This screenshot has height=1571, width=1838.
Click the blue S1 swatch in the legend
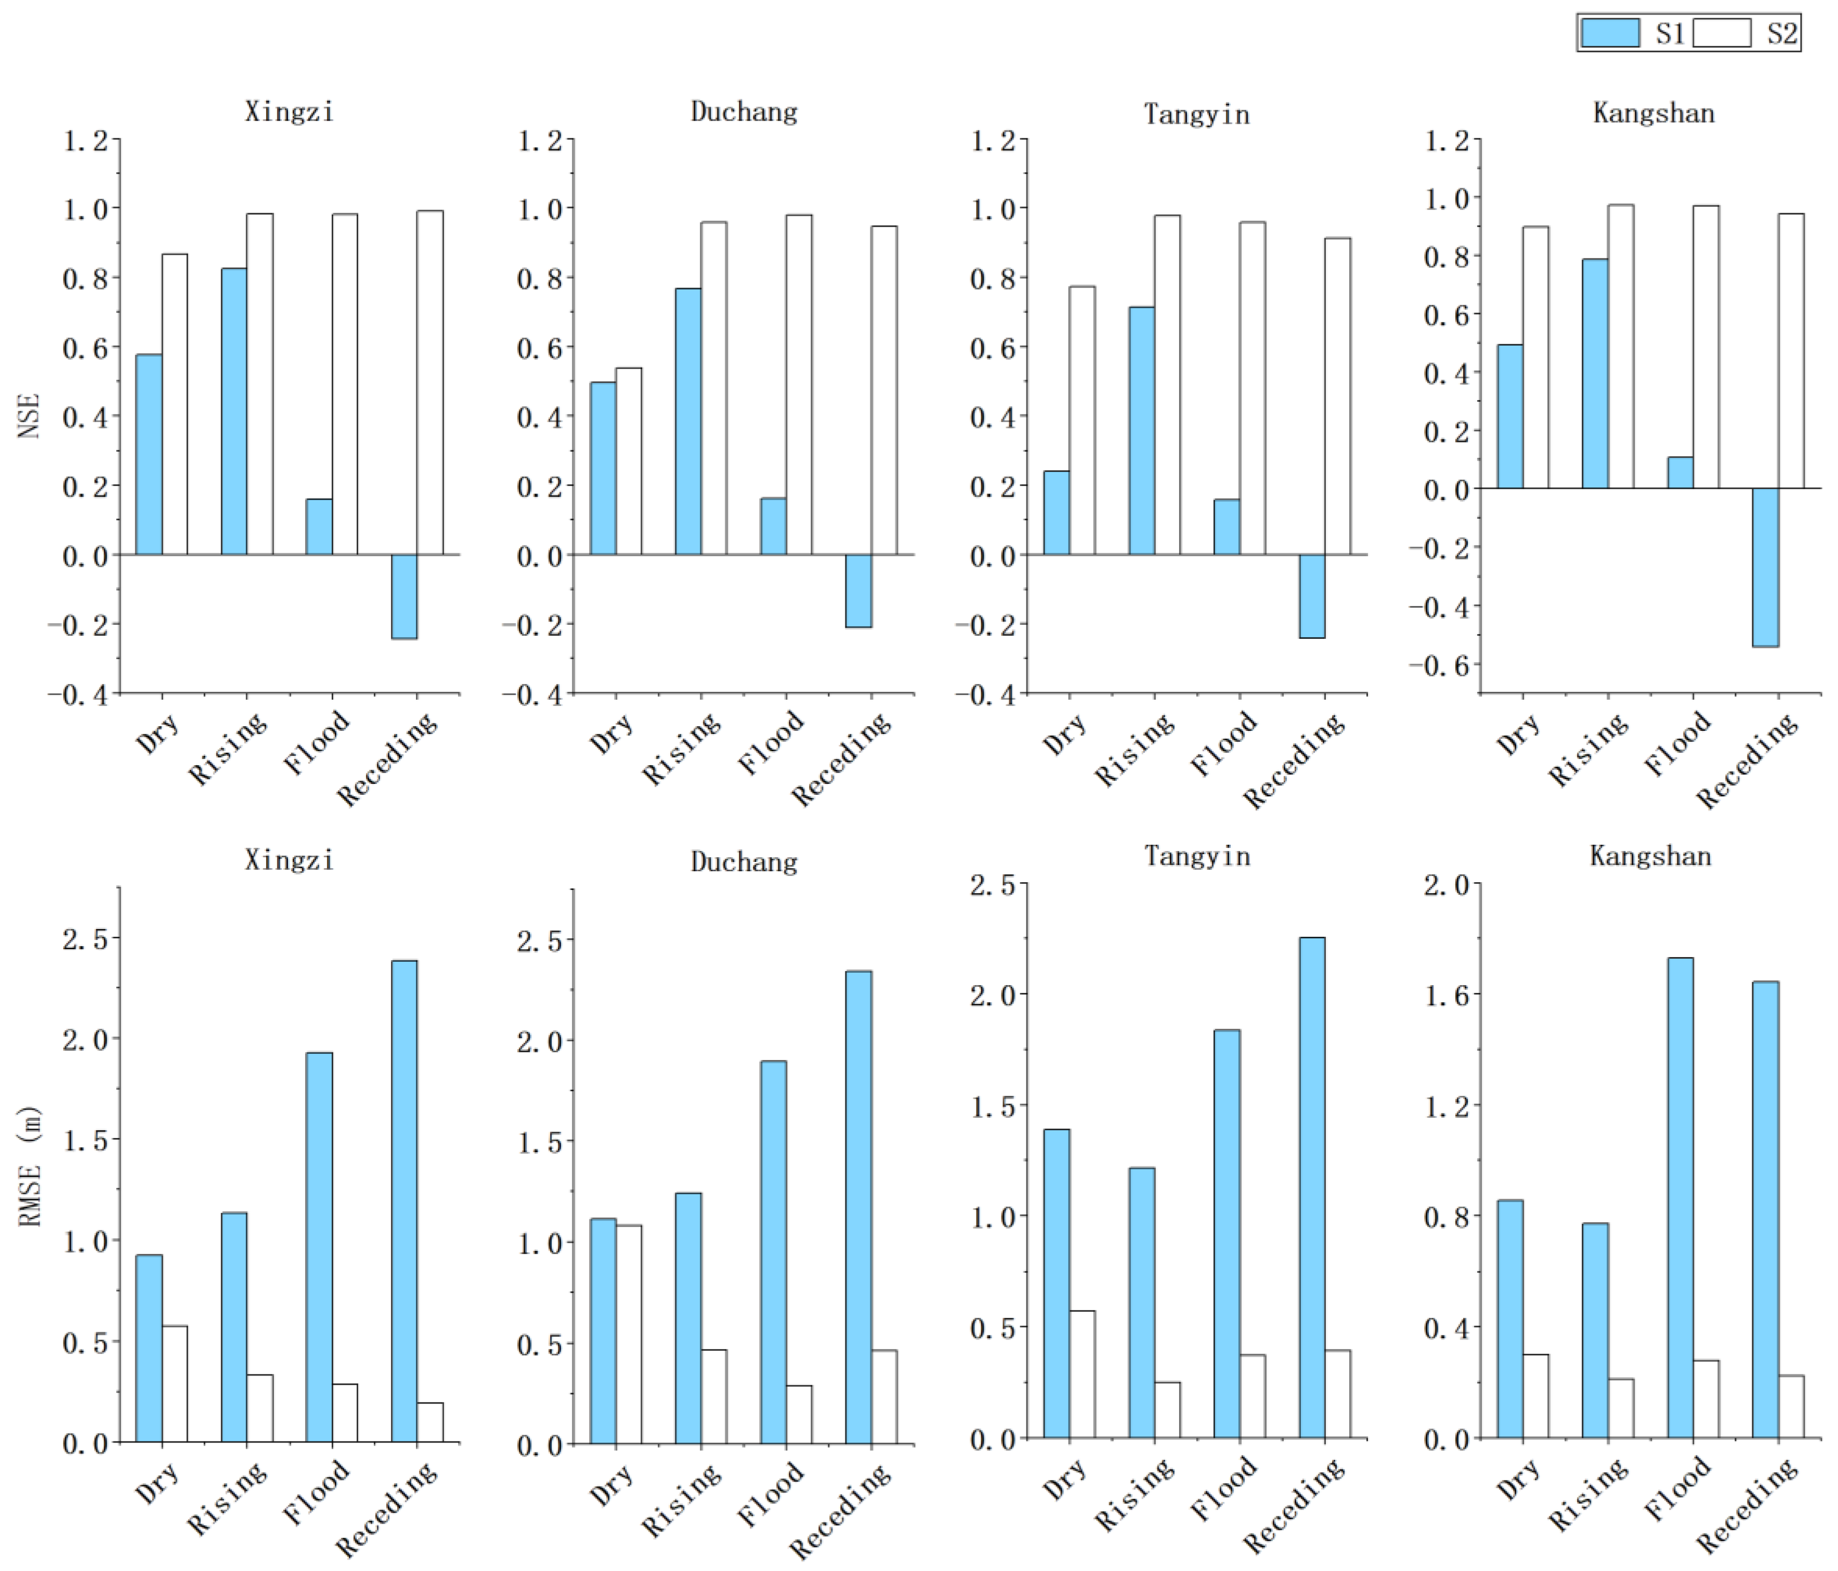(1610, 33)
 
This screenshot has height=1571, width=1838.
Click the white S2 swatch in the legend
(1722, 33)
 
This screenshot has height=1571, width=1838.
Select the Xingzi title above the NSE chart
(289, 112)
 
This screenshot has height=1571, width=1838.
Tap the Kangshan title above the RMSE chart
(1650, 856)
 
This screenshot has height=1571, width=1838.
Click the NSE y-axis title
(29, 415)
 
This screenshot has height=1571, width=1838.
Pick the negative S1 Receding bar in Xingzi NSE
(405, 596)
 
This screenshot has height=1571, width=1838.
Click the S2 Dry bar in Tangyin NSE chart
(1081, 421)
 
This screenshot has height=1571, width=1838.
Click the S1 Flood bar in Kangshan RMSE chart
(1680, 1198)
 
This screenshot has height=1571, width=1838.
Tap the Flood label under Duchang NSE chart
(771, 743)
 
